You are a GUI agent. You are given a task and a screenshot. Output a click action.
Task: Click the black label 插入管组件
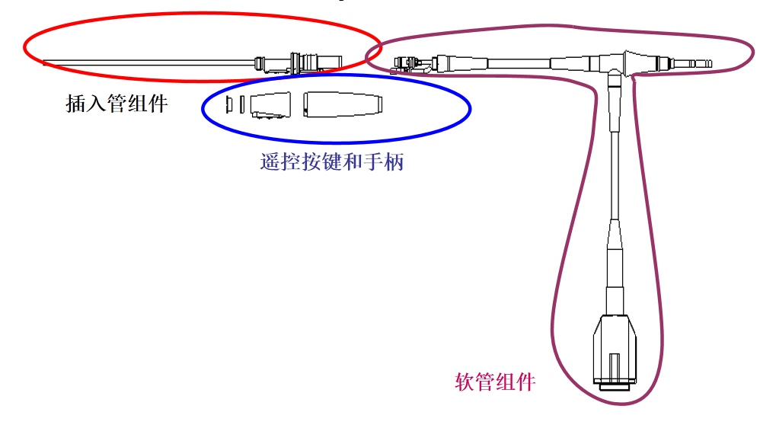click(117, 104)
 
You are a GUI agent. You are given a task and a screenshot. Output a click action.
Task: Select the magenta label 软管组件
click(496, 381)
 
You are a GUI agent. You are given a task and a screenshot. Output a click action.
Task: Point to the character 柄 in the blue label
click(394, 161)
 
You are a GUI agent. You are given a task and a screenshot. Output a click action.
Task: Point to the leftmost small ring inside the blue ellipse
click(228, 104)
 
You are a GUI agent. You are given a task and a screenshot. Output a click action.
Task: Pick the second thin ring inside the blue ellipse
click(241, 104)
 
